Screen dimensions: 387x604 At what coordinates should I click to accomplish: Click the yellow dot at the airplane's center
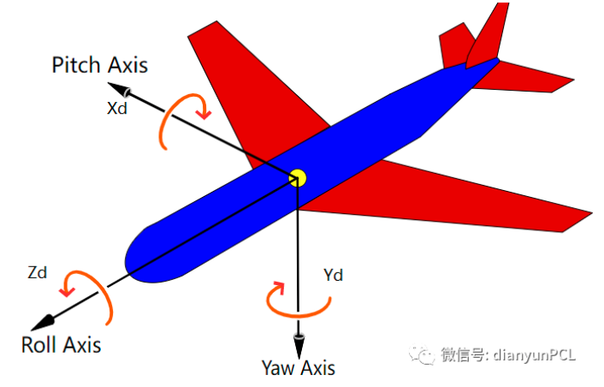tap(298, 177)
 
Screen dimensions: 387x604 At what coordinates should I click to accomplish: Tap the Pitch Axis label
tap(99, 65)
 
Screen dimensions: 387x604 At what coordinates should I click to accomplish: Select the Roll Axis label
tap(62, 345)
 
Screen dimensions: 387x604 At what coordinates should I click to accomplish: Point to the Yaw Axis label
tap(299, 368)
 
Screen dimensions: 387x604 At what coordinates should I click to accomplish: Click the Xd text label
tap(117, 110)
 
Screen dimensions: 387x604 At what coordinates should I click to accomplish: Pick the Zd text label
tap(38, 273)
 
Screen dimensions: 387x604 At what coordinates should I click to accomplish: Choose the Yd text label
tap(334, 275)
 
